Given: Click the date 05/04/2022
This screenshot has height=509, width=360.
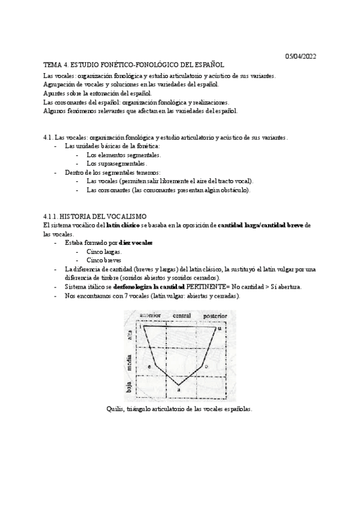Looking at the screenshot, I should point(300,56).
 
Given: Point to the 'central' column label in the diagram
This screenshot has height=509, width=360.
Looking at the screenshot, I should point(182,316).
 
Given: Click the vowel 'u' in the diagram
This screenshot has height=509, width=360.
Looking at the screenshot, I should point(219,328).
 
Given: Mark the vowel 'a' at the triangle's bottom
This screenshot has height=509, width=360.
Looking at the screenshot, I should point(179,391).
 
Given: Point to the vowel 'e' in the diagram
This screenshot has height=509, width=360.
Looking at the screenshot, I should point(149,366).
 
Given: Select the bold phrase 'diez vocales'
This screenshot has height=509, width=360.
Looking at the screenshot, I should point(136,242).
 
